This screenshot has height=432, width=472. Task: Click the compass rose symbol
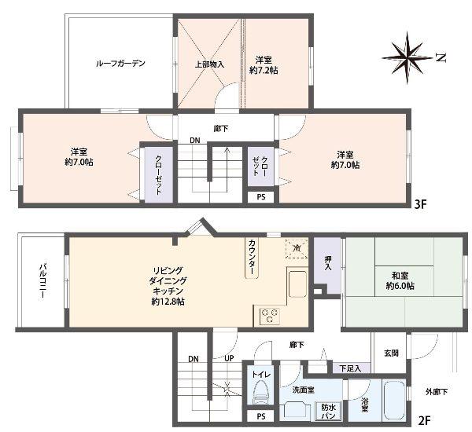(x=408, y=56)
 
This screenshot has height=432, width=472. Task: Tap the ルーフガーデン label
(x=120, y=64)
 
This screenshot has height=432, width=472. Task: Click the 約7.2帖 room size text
(x=264, y=65)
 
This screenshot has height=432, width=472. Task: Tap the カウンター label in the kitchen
(x=253, y=258)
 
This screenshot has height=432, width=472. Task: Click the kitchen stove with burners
(x=268, y=316)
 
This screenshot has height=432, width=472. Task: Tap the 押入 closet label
(x=327, y=262)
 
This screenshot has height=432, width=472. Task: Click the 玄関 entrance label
(x=391, y=353)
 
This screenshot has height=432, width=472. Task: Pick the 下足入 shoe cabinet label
(x=350, y=368)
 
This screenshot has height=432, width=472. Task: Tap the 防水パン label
(x=328, y=410)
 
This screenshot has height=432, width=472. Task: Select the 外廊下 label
(x=437, y=391)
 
